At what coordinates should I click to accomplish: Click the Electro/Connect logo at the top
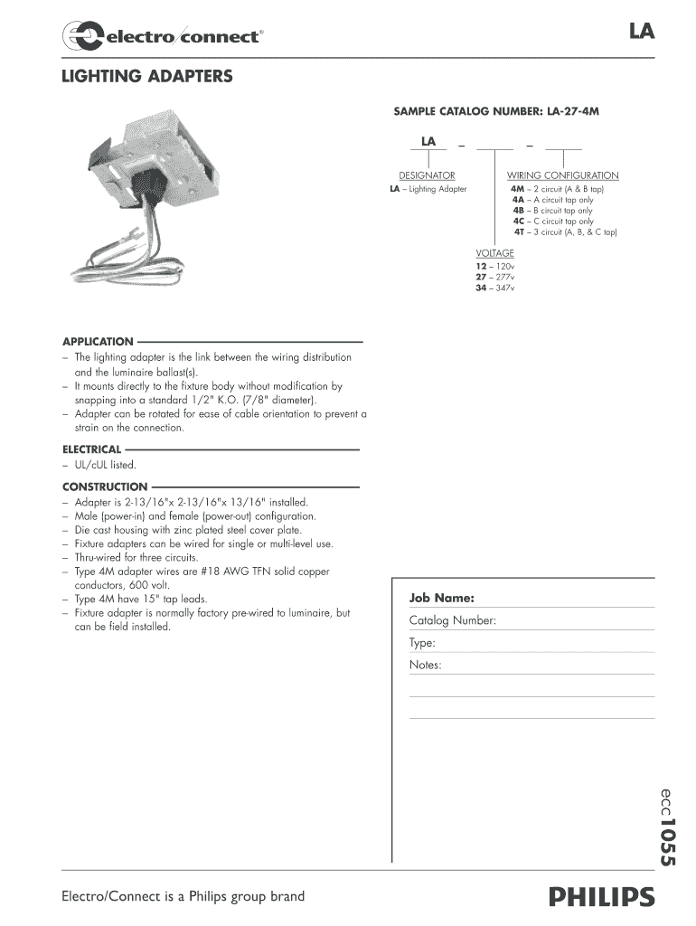click(163, 36)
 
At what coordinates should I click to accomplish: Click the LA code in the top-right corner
click(642, 33)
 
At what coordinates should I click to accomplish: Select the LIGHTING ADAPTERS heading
click(146, 77)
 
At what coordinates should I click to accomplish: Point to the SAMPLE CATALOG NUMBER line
click(496, 111)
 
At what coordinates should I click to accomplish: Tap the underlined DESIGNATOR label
click(427, 175)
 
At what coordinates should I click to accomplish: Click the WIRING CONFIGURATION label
click(562, 175)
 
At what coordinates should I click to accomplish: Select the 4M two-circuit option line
click(557, 189)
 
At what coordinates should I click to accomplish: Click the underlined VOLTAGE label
click(495, 253)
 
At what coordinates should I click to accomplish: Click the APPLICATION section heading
click(98, 342)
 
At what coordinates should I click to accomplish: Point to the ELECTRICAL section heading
click(91, 449)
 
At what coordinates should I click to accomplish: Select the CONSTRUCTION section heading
click(105, 487)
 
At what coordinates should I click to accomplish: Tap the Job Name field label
click(442, 598)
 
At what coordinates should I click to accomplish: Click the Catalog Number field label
click(452, 621)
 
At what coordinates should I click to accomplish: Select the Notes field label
click(425, 666)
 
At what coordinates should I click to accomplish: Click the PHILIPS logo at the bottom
click(600, 897)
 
